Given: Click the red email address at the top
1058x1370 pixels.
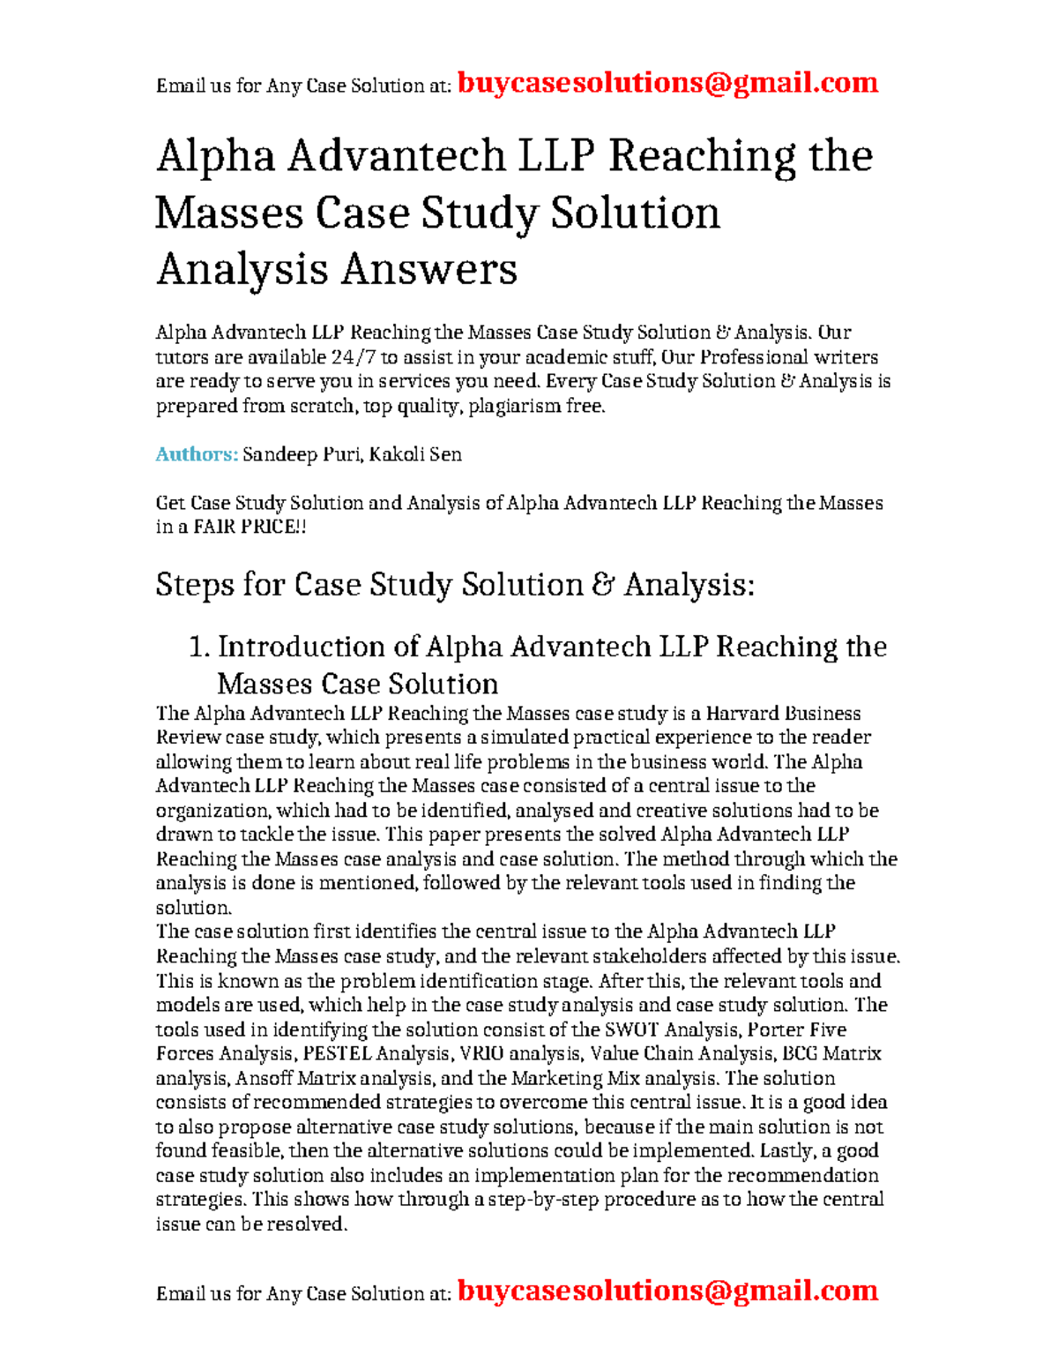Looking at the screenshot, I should point(667,83).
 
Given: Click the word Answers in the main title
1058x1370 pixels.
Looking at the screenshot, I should point(428,269).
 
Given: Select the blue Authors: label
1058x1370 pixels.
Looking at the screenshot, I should point(197,454).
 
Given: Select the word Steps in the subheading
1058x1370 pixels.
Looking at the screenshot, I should point(195,585).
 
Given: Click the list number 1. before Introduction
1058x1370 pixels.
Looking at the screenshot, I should point(199,647).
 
